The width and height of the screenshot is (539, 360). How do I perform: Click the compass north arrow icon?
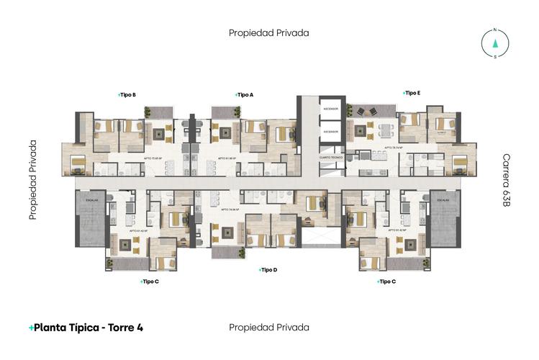point(494,43)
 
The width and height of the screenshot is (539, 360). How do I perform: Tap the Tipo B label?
point(127,94)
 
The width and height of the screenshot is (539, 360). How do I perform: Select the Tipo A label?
point(244,94)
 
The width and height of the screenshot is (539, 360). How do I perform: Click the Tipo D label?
point(268,270)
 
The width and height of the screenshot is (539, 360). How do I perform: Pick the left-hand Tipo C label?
point(149,282)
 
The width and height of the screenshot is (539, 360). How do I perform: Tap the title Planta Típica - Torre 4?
point(86,327)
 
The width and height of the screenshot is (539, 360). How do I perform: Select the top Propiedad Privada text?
point(268,32)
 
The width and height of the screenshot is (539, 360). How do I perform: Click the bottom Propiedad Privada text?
point(268,327)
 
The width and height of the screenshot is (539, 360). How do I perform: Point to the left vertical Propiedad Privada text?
point(33,180)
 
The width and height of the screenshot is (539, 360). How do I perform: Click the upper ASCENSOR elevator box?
point(331,109)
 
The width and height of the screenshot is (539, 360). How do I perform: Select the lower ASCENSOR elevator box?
point(331,132)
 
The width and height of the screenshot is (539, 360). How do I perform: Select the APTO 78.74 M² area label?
point(392,148)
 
